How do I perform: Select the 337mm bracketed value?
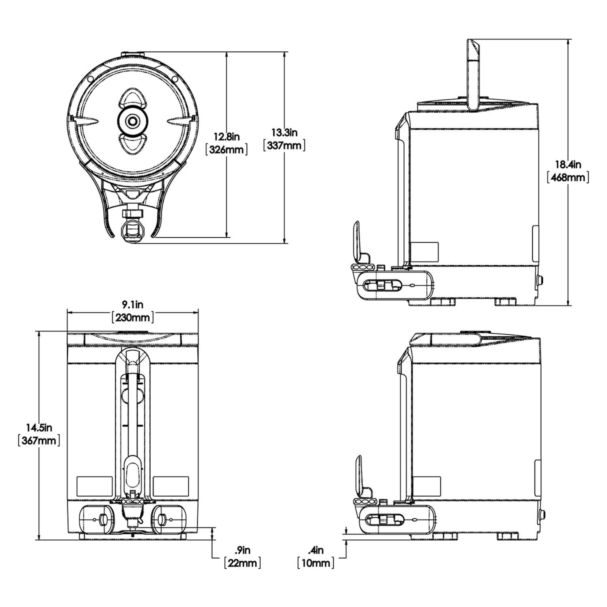pyautogui.click(x=284, y=145)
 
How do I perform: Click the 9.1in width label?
pyautogui.click(x=132, y=304)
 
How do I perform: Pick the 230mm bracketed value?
pyautogui.click(x=132, y=317)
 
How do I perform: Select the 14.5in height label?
pyautogui.click(x=39, y=427)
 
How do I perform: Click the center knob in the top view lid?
pyautogui.click(x=133, y=120)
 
